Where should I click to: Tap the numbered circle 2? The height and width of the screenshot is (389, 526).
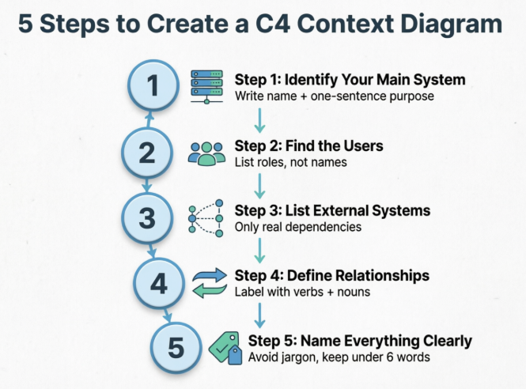[147, 153]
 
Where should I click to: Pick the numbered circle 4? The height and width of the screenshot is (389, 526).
[159, 282]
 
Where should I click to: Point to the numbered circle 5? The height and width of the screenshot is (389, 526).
[176, 347]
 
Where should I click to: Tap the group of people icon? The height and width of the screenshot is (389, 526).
[206, 153]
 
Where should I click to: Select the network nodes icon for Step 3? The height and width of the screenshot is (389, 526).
[206, 217]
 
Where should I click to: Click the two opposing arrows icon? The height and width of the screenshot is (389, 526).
[209, 283]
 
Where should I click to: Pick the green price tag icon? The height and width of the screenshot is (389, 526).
[224, 348]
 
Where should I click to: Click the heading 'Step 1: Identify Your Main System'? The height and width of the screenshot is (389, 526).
[350, 80]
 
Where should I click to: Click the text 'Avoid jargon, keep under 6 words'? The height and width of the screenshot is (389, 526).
[339, 357]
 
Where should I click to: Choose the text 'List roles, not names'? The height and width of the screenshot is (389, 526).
[292, 162]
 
